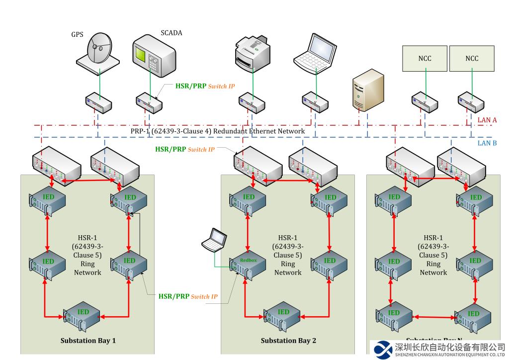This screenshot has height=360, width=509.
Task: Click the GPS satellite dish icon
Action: pyautogui.click(x=98, y=50)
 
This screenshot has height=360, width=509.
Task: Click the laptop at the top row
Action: pyautogui.click(x=312, y=51)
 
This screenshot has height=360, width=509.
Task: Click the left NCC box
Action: pyautogui.click(x=424, y=59)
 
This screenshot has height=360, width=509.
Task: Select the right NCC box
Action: pyautogui.click(x=472, y=59)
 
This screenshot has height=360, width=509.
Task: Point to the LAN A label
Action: pyautogui.click(x=487, y=120)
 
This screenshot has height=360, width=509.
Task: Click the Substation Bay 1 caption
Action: pyautogui.click(x=88, y=341)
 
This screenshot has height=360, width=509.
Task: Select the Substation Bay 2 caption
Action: pyautogui.click(x=288, y=341)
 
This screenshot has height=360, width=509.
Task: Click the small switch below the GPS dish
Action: pyautogui.click(x=98, y=102)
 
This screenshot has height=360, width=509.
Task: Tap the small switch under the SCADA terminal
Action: pyautogui.click(x=149, y=102)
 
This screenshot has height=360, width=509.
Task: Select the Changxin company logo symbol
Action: pyautogui.click(x=383, y=349)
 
